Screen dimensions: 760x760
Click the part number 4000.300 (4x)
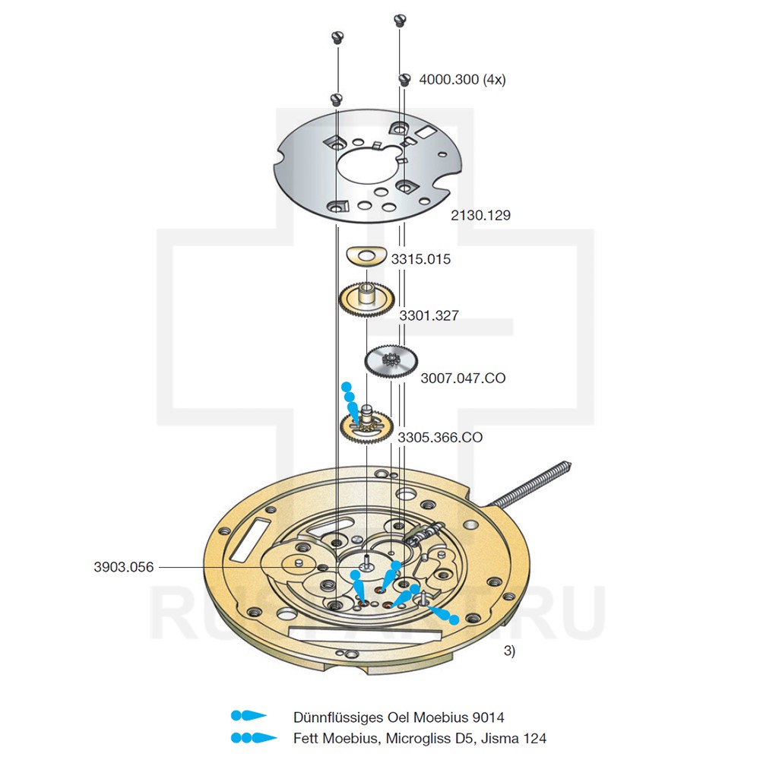(462, 80)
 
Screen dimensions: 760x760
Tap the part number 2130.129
(480, 216)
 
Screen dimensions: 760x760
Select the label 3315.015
(420, 259)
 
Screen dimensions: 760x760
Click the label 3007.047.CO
(463, 378)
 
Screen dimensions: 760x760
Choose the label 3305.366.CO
(439, 438)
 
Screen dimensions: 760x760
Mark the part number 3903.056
(124, 567)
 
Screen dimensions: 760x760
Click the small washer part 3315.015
(365, 256)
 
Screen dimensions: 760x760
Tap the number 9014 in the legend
(488, 717)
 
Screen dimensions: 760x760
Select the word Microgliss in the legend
(420, 738)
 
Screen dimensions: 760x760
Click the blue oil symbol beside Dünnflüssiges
(249, 716)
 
